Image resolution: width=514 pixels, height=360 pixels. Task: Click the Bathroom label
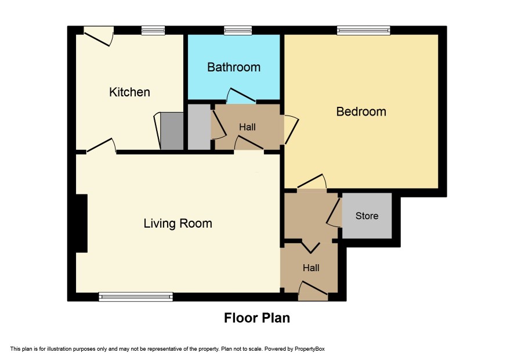pos(234,67)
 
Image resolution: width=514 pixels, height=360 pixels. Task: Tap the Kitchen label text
pos(129,92)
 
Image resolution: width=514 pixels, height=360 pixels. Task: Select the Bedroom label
pos(361,111)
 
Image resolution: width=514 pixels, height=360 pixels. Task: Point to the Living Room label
pos(178,224)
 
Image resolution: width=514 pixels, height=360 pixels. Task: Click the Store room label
pos(367,216)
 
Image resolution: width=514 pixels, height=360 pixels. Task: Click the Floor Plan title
pos(256,318)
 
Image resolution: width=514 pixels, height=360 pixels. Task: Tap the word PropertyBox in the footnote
pos(309,349)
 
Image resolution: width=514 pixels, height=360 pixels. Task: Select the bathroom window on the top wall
pos(238,31)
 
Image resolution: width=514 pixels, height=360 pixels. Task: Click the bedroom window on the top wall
pos(364,31)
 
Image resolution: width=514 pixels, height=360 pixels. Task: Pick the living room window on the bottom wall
pos(136,297)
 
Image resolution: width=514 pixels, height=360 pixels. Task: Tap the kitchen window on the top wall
pos(153,31)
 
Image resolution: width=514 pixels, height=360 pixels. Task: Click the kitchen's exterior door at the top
pos(99,37)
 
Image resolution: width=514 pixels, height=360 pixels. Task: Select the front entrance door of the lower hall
pos(313,290)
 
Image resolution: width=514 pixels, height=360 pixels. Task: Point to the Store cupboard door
pos(334,213)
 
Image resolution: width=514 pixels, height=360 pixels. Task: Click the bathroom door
pos(241,95)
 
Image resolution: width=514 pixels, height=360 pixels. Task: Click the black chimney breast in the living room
pos(82,224)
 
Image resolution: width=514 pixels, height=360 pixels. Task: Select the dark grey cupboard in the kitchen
pos(172,131)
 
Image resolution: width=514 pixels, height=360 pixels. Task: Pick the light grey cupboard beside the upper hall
pos(199,127)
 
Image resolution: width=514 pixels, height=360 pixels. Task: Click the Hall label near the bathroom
pos(247,127)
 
